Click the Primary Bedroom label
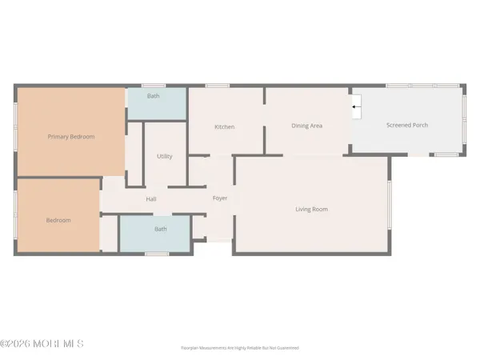point(70,137)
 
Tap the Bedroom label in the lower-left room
point(58,220)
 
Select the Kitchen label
point(224,127)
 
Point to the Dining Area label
point(306,126)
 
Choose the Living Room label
point(311,210)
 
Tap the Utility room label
point(165,157)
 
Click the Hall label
point(151,199)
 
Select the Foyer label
point(220,198)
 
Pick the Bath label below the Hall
point(161,229)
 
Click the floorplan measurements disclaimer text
point(239,349)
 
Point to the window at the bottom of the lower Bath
point(157,254)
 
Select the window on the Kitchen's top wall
point(216,86)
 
